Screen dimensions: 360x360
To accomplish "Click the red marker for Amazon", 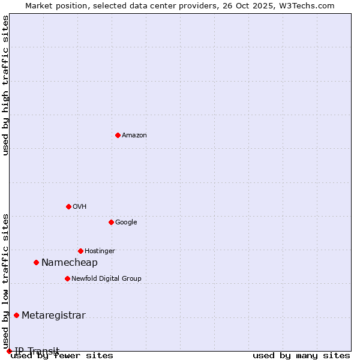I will [x=118, y=135].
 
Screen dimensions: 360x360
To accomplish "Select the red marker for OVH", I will [x=68, y=206].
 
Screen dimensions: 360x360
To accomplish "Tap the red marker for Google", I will [x=111, y=222].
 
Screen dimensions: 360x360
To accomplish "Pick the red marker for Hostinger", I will [x=80, y=251].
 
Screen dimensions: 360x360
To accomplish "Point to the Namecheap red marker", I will [x=36, y=262].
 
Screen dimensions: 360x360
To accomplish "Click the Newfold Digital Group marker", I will [x=67, y=278].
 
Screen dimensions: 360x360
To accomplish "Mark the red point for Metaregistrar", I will [x=16, y=315].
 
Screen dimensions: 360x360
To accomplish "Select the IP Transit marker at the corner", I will [x=9, y=351].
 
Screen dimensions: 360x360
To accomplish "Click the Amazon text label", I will [x=134, y=135].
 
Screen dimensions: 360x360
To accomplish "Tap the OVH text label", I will [x=80, y=206].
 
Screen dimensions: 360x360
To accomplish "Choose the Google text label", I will [x=126, y=222].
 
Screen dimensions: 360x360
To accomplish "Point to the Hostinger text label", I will [x=100, y=251].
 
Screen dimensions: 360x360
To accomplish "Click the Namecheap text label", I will [x=70, y=262].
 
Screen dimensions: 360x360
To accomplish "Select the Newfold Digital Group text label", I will [x=106, y=278].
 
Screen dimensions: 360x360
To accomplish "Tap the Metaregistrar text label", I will [x=53, y=315].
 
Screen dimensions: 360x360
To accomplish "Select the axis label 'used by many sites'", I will [x=301, y=355].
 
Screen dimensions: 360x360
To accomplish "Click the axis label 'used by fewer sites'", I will [x=62, y=355].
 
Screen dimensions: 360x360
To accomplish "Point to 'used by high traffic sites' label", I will [x=5, y=85].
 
